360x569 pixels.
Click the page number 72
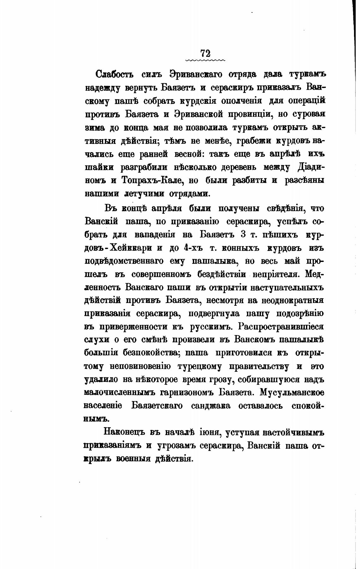[x=205, y=53]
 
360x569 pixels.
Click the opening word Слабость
[x=115, y=75]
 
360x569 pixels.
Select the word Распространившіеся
[x=281, y=327]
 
